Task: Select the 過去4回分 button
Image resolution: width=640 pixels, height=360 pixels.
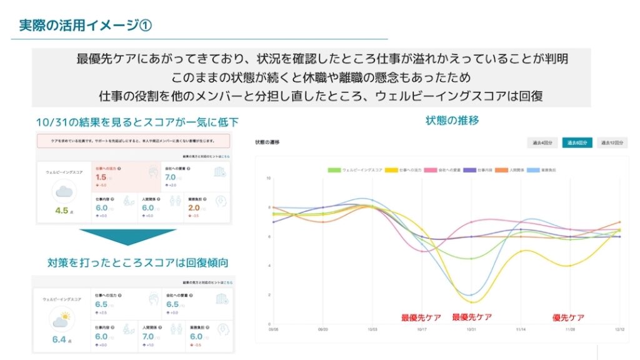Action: [541, 142]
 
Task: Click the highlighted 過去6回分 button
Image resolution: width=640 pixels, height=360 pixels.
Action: [576, 142]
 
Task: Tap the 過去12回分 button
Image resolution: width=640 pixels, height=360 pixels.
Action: [612, 142]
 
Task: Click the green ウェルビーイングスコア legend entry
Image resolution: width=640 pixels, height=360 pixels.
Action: [354, 169]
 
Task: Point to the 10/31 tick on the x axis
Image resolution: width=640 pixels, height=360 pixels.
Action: [470, 329]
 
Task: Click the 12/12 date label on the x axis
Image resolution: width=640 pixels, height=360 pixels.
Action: [619, 329]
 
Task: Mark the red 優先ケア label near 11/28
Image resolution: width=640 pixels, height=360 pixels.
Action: [569, 317]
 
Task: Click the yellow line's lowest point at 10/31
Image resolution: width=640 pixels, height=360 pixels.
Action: [470, 302]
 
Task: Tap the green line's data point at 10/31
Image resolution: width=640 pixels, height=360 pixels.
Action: [470, 258]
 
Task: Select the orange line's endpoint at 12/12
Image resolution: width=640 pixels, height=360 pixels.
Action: [619, 222]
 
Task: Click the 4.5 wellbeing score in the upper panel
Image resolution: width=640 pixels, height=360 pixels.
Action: [62, 211]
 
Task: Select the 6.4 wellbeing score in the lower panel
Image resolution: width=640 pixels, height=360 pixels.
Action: [60, 340]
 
